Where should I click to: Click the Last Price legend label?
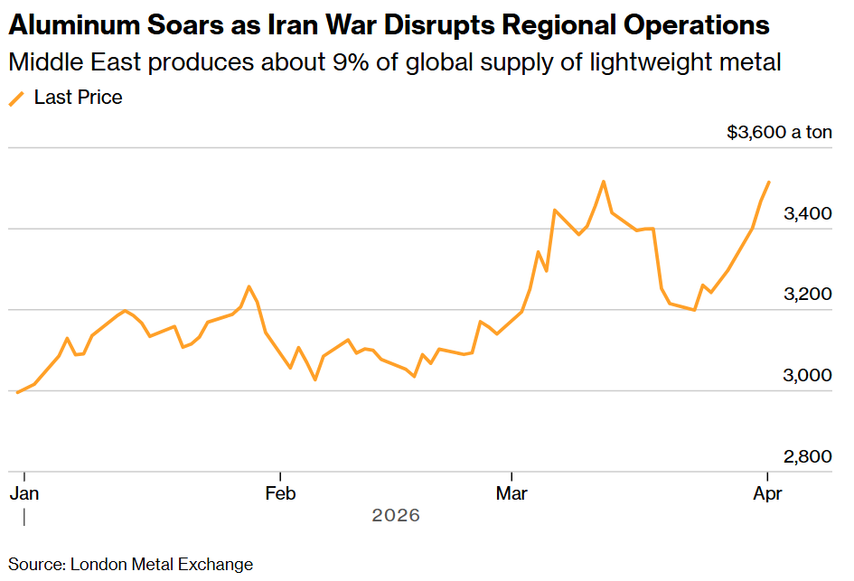click(78, 98)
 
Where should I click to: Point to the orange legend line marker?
click(16, 98)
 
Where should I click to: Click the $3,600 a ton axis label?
click(779, 133)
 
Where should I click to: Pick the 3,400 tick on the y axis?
click(807, 214)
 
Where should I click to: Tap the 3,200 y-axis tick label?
click(807, 295)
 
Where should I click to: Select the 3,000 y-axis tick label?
click(807, 376)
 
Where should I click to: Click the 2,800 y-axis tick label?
click(807, 457)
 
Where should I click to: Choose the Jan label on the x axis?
click(24, 493)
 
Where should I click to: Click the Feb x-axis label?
click(281, 493)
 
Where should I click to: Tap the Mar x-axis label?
click(512, 493)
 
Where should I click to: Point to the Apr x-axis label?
click(768, 493)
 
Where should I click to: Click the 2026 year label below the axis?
click(396, 516)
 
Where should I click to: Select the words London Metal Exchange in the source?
click(161, 565)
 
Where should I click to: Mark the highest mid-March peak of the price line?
click(603, 182)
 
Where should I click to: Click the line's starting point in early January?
click(18, 392)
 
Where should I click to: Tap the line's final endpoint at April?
click(768, 183)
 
